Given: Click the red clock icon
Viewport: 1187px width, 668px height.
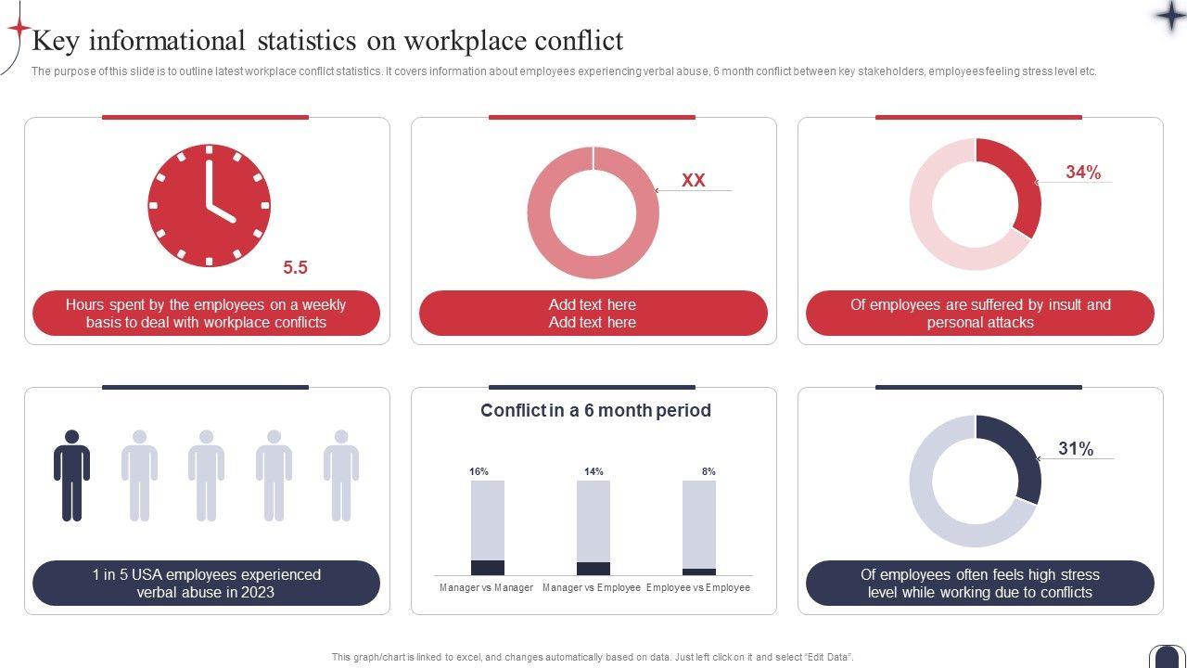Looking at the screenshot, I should point(209,205).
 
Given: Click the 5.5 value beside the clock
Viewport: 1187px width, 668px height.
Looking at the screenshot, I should point(295,268).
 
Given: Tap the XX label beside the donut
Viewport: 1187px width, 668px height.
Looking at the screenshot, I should point(694,181).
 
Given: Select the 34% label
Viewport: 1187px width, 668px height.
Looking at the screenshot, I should point(1083,173).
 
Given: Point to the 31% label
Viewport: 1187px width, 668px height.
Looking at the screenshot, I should point(1076,449).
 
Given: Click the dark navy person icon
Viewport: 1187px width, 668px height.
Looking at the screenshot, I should point(71,475).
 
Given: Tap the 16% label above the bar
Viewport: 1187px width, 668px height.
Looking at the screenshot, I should point(479,471).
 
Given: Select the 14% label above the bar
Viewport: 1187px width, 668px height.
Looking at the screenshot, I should point(593,471).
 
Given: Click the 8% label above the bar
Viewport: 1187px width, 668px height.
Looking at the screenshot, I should point(708,471).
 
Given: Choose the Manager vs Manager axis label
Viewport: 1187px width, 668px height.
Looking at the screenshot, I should point(487,587).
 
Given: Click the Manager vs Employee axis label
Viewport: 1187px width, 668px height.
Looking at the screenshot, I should point(592,587).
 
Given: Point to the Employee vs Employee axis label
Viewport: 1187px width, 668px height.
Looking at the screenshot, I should point(698,587).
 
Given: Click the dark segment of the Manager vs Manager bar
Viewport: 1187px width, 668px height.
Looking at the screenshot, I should point(488,568).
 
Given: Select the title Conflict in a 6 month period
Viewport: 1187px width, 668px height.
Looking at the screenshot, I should point(595,410).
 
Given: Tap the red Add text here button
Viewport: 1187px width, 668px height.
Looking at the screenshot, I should point(593,314).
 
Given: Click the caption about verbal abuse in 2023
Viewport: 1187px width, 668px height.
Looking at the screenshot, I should point(206,584).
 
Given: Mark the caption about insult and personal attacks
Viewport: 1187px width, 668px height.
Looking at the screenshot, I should point(980,314).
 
